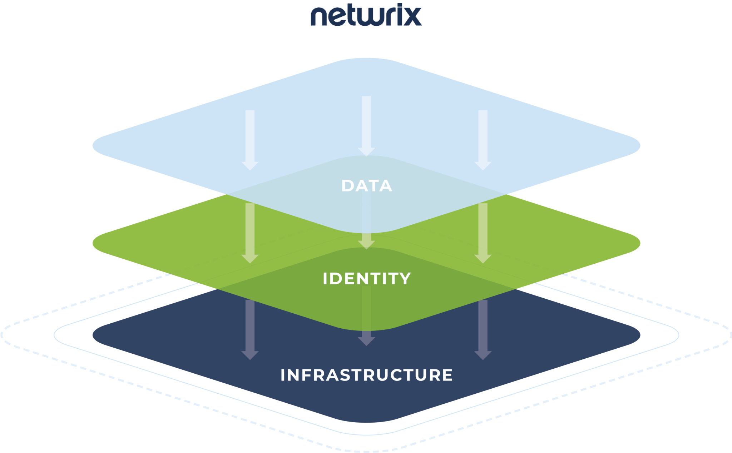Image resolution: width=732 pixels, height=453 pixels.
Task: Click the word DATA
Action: [367, 186]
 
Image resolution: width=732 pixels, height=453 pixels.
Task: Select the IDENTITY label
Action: [367, 279]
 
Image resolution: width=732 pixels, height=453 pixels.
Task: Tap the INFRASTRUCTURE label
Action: [367, 375]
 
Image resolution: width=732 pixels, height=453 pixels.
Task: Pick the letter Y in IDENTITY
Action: [405, 279]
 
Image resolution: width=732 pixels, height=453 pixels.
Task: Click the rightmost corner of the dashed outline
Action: [729, 335]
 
